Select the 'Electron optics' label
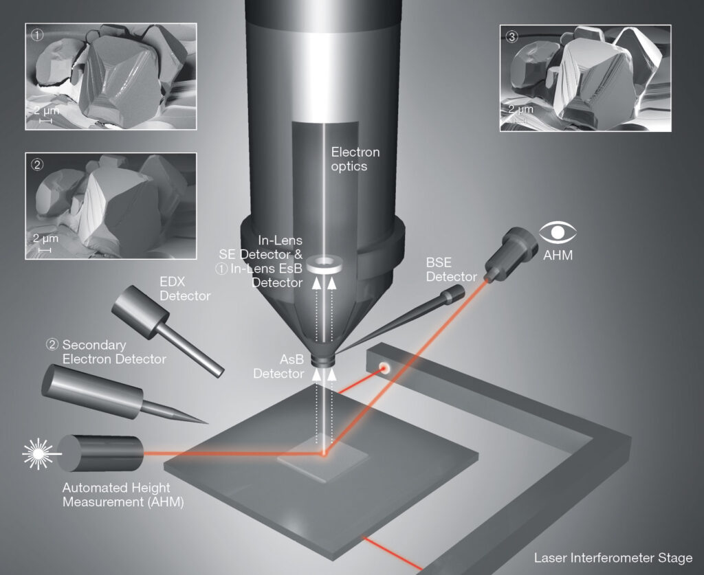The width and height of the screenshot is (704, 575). click(x=355, y=159)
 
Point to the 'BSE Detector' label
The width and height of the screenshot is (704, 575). click(x=451, y=269)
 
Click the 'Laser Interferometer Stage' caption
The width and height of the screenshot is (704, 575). click(x=613, y=557)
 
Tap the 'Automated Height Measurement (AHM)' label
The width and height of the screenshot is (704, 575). click(x=123, y=495)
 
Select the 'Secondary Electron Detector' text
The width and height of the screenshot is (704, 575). click(x=106, y=352)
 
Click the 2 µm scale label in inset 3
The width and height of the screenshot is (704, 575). click(x=520, y=110)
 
